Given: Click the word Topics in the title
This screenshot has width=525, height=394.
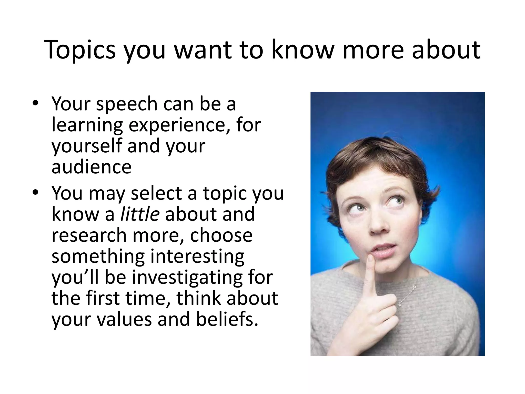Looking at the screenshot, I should click(80, 50).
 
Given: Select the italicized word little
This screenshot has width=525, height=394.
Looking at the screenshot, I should click(140, 214).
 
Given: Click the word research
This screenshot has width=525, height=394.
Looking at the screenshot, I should click(89, 235).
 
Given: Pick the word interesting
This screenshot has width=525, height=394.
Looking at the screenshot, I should click(197, 256).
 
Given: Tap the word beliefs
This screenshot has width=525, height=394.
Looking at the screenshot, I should click(227, 319).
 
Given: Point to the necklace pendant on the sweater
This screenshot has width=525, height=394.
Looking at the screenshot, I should click(399, 305).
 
